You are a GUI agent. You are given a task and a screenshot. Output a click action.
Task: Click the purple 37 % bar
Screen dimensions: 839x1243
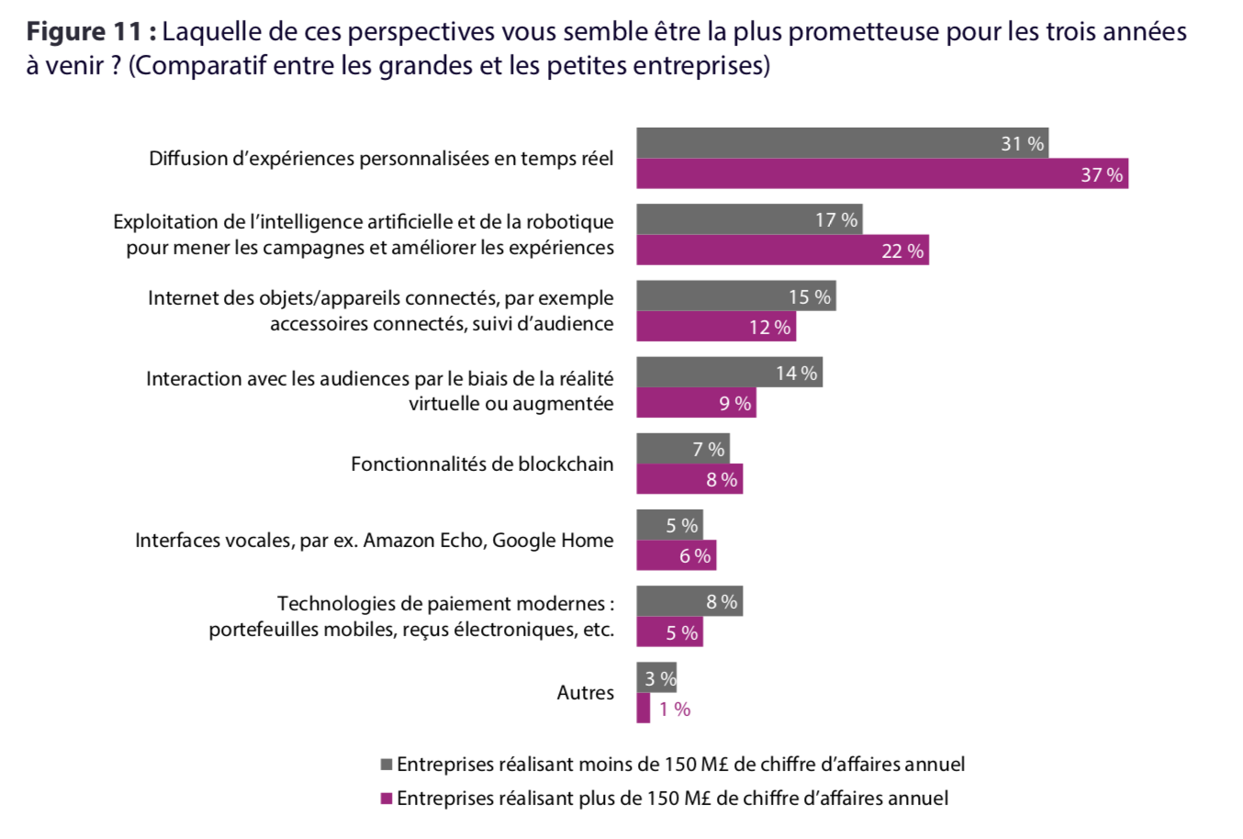[x=881, y=173]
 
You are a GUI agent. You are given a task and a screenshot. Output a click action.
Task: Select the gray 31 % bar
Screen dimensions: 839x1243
[x=842, y=143]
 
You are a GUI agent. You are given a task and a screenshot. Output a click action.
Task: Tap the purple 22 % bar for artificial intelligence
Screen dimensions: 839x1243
[x=782, y=251]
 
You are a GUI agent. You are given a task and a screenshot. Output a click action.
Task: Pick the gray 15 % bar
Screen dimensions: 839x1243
[x=735, y=296]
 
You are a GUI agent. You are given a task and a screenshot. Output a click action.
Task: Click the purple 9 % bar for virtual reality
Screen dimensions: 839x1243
[x=696, y=403]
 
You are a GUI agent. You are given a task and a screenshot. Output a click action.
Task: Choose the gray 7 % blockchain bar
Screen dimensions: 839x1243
[x=682, y=449]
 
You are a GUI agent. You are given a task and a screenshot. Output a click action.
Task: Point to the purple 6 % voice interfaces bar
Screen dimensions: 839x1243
[x=676, y=555]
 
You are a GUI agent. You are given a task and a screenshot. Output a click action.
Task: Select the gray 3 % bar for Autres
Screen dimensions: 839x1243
[x=656, y=678]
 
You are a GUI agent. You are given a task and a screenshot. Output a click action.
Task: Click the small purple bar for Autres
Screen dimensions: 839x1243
[x=643, y=709]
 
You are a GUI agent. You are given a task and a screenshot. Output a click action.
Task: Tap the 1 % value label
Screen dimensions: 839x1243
[x=675, y=709]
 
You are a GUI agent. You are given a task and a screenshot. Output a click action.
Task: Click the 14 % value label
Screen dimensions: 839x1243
[x=796, y=373]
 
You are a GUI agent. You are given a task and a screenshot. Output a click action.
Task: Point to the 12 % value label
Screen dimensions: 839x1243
[x=769, y=327]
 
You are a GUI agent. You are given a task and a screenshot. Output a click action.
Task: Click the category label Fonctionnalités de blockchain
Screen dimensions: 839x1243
[x=482, y=464]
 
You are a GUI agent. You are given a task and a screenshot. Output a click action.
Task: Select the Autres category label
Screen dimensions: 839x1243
[x=585, y=692]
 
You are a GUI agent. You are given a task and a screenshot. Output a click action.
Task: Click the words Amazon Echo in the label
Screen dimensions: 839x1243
[x=424, y=540]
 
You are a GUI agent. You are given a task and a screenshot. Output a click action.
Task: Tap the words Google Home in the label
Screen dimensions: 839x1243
[x=553, y=540]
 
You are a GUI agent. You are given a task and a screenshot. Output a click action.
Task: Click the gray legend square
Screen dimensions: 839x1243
[x=386, y=764]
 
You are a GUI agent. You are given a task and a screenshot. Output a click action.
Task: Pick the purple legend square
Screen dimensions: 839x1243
[x=386, y=798]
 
